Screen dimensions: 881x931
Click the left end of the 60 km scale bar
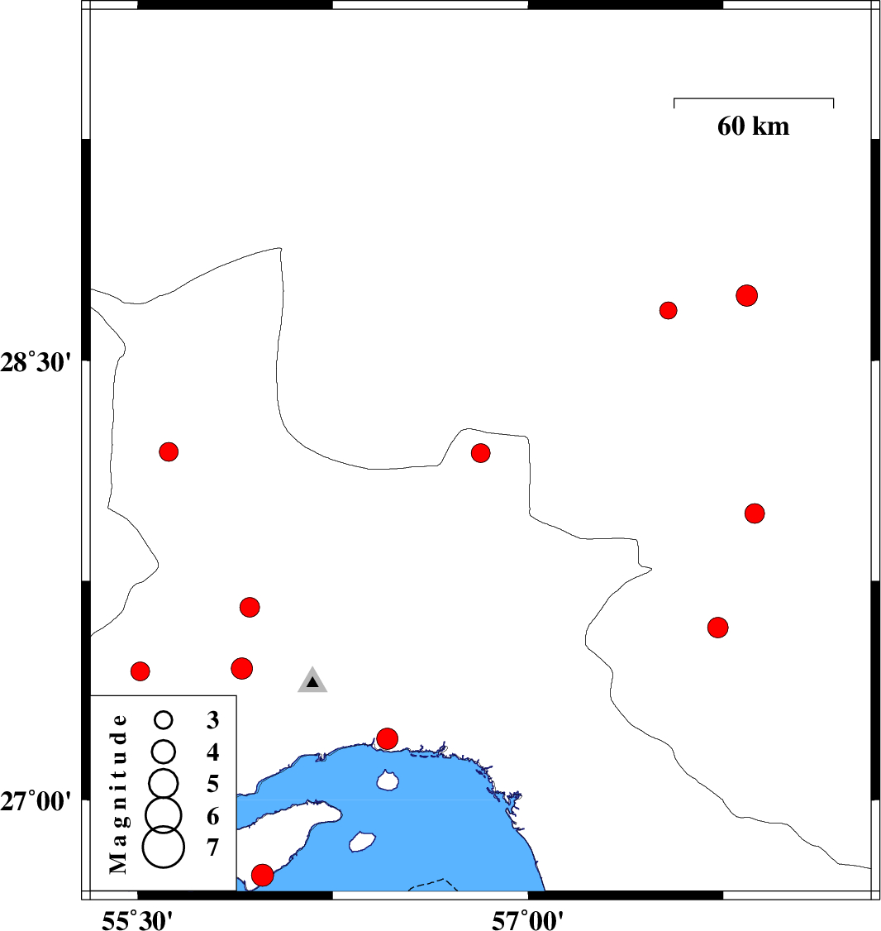[674, 98]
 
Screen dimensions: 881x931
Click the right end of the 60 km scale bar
[834, 98]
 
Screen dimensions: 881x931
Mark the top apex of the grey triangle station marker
[312, 666]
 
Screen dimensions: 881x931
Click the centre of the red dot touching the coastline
[387, 738]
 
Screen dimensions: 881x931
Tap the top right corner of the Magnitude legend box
[236, 695]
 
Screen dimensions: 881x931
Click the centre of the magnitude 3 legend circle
[164, 719]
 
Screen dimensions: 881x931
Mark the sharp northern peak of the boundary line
[280, 247]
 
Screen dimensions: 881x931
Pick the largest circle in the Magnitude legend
[164, 847]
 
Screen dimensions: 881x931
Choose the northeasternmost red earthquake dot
[747, 295]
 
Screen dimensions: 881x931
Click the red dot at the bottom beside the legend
[263, 875]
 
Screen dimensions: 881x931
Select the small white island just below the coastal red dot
[388, 781]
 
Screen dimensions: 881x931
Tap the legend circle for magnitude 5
[164, 783]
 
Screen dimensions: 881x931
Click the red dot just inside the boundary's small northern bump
[480, 453]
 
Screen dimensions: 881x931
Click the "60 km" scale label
[754, 126]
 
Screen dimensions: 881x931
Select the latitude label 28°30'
[36, 362]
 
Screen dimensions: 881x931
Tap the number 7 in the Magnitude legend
[213, 847]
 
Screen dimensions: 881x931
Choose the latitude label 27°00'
[36, 801]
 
